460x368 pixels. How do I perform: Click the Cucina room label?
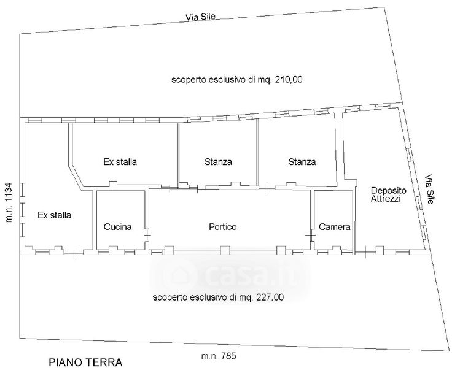(118, 227)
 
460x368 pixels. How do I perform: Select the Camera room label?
(335, 227)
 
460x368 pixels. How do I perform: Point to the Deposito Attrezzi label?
(386, 194)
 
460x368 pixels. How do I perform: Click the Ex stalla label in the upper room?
(120, 163)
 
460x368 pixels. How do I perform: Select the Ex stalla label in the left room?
(54, 215)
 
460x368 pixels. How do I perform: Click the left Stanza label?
(218, 163)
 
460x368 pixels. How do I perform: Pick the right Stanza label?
(302, 163)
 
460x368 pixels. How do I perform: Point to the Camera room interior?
(333, 212)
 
